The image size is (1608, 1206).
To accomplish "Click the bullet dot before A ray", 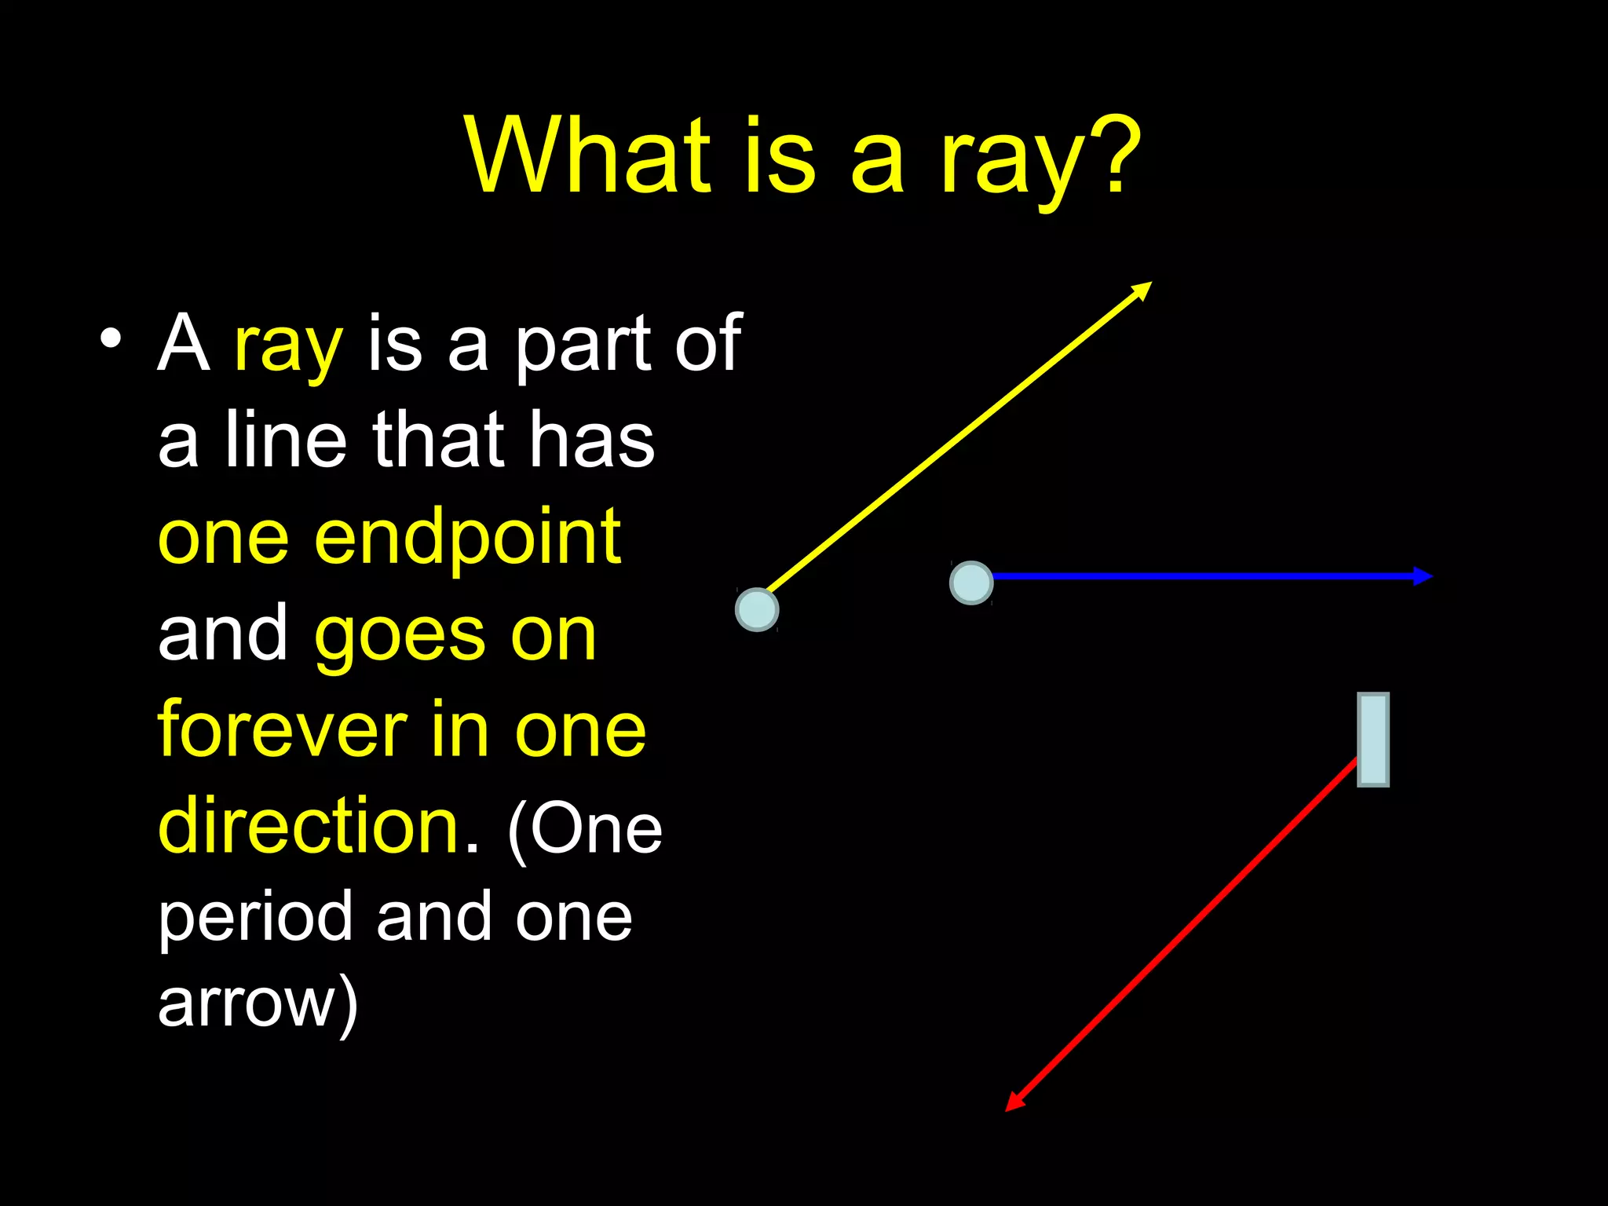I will click(111, 339).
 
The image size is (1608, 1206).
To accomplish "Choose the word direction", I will click(308, 826).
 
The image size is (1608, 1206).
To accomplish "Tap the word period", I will click(255, 919).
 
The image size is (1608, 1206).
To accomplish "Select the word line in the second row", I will click(285, 441).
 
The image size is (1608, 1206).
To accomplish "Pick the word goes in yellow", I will click(401, 636).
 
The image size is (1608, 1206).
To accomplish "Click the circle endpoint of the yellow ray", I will click(757, 609).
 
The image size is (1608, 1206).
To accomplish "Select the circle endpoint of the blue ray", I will click(971, 583).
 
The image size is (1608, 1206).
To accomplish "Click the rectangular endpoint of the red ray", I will click(1373, 740).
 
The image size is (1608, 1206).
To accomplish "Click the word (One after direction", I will click(585, 830).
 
